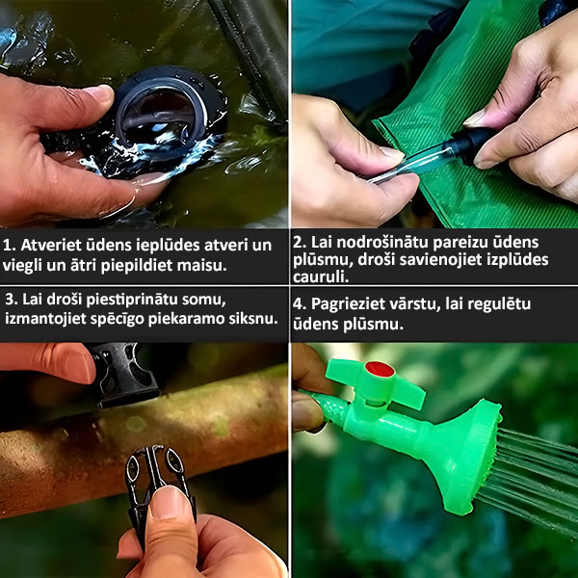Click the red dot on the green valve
point(380,369)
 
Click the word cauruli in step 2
point(321,276)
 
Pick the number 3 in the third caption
point(11,300)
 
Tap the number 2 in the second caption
point(299,242)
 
